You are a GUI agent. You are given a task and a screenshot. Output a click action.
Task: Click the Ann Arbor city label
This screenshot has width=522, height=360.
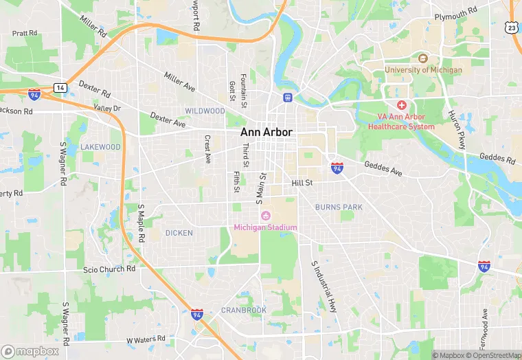[266, 132]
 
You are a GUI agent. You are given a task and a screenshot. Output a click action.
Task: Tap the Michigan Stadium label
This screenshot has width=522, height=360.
[265, 227]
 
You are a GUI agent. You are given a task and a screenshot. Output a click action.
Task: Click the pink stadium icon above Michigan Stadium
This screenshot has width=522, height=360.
[265, 216]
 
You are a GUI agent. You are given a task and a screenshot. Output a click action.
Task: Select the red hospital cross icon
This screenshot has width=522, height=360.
[402, 105]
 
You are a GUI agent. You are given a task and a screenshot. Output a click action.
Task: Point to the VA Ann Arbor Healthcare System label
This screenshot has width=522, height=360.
[401, 122]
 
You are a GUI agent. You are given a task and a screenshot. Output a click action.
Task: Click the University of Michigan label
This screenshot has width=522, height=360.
[423, 69]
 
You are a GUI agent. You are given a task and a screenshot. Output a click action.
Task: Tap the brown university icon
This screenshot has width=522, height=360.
[423, 58]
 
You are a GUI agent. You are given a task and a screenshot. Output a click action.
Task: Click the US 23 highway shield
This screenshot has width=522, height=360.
[510, 27]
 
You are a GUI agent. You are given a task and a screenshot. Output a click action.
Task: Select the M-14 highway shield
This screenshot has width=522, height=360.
[60, 88]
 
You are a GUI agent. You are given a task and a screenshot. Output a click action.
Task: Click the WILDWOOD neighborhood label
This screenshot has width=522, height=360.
[205, 111]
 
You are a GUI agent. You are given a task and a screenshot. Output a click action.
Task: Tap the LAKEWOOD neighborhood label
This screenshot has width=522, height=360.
[100, 147]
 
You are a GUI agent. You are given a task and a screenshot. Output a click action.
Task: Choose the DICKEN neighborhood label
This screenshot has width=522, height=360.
[179, 233]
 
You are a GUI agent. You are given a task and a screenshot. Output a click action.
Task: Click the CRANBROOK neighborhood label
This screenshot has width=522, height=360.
[243, 310]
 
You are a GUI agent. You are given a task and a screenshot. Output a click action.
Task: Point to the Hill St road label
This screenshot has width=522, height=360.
[302, 183]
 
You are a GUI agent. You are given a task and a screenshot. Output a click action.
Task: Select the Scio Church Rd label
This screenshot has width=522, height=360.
[109, 269]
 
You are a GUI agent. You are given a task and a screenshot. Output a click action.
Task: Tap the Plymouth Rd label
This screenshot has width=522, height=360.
[456, 14]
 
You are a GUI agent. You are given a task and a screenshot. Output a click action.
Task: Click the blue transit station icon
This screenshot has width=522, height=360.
[286, 97]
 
